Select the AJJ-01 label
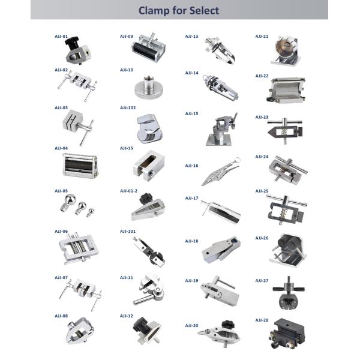tap(61, 36)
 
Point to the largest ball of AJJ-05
tap(70, 199)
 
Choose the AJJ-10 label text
tap(127, 70)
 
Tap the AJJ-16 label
tap(192, 166)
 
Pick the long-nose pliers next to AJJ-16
tap(221, 171)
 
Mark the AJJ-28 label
tap(262, 320)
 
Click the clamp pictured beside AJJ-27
tap(289, 293)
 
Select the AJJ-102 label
tap(128, 107)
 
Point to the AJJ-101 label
tap(128, 231)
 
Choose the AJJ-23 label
tap(262, 117)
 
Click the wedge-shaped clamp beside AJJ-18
tap(221, 250)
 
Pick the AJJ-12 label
tap(127, 316)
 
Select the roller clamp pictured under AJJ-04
tap(80, 166)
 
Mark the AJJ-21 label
tap(262, 36)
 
